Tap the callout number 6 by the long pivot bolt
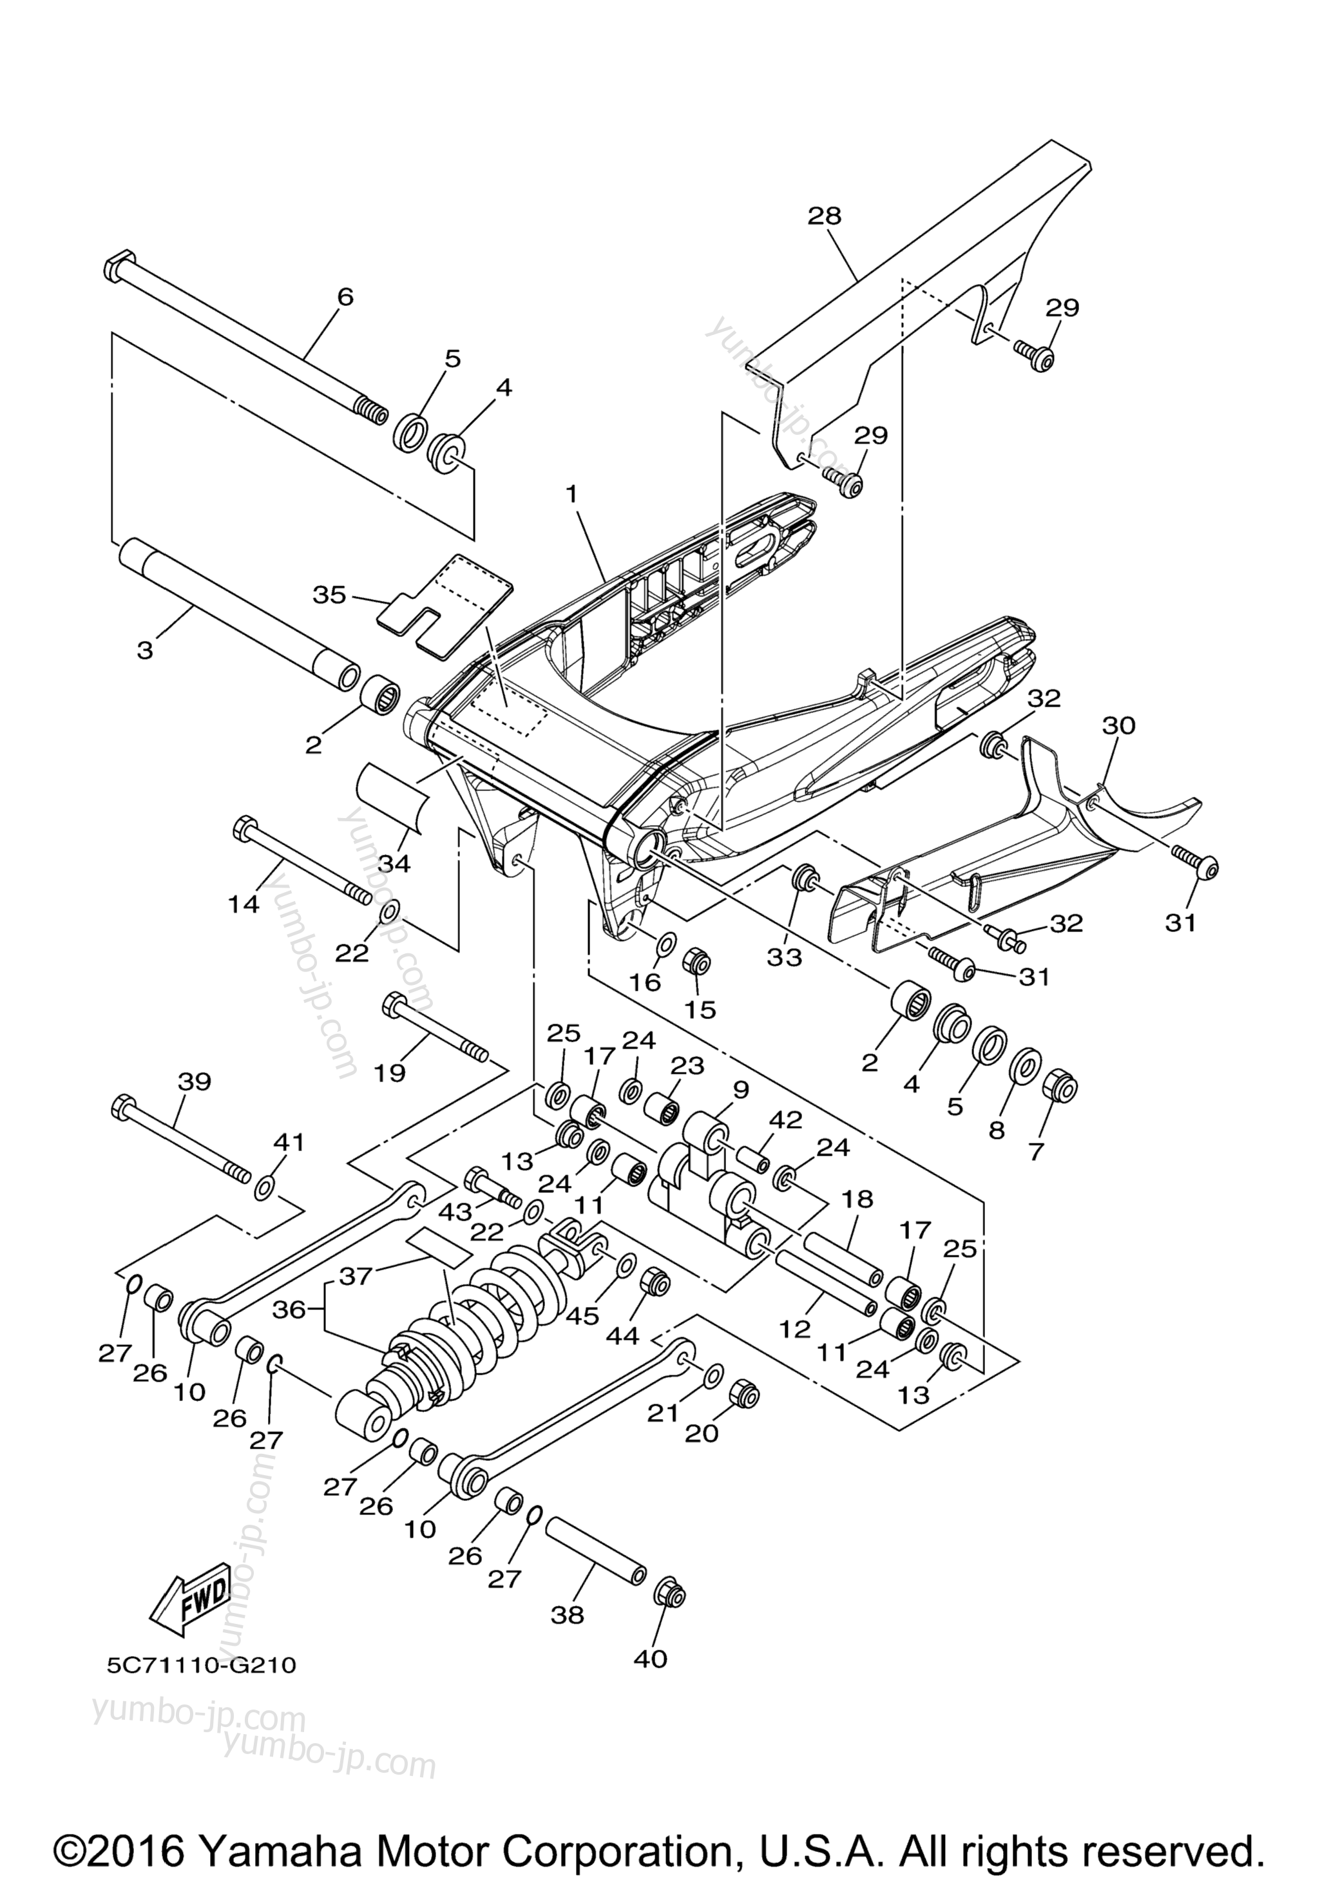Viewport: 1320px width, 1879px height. click(346, 297)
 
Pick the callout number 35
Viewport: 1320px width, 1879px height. click(330, 595)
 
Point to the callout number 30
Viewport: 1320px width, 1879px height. click(1119, 725)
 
